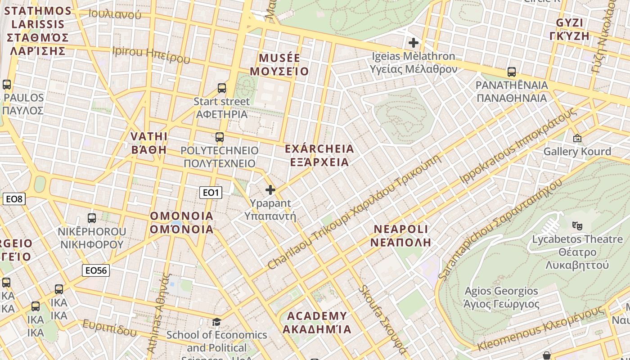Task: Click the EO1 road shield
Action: [211, 193]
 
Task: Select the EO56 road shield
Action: [96, 270]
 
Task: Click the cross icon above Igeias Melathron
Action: [413, 43]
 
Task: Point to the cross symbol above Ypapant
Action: [270, 190]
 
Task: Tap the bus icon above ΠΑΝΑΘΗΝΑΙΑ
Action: [511, 72]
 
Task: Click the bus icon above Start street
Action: [221, 88]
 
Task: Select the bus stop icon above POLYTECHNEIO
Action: [219, 137]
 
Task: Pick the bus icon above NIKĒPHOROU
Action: [92, 218]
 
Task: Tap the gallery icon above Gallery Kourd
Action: [577, 138]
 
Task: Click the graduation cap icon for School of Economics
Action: [216, 322]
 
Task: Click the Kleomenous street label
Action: [540, 328]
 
